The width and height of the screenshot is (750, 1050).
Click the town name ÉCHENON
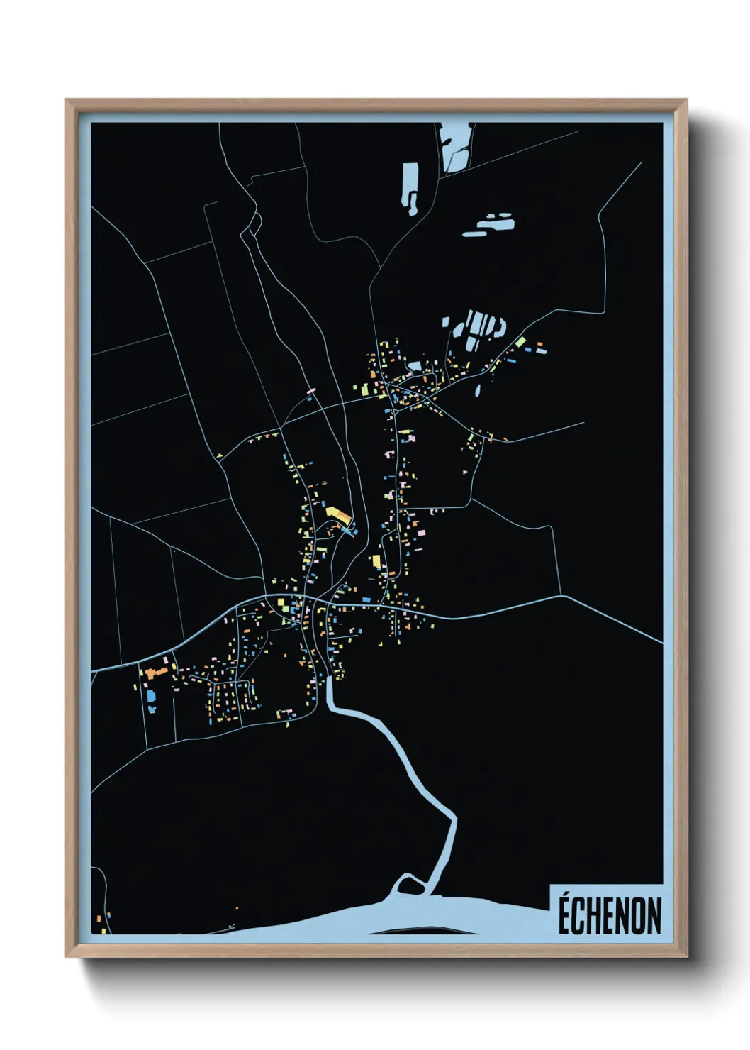click(x=609, y=915)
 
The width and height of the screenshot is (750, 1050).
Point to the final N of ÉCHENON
click(x=654, y=916)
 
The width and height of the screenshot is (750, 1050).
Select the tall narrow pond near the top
click(x=410, y=187)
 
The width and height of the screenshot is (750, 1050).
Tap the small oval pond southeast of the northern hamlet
click(x=477, y=389)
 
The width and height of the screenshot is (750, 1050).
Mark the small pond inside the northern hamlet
click(x=415, y=365)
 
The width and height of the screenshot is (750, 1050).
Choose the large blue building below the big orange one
click(x=150, y=695)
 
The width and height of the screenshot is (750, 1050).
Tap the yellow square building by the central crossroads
click(x=281, y=603)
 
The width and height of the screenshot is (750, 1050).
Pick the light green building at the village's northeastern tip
click(x=521, y=341)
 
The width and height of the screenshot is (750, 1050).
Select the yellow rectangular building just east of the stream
click(x=376, y=561)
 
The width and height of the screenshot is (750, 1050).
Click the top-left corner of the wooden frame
click(x=66, y=100)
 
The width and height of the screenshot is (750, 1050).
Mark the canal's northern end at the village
click(x=328, y=680)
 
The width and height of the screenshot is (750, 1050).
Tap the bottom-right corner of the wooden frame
click(x=686, y=956)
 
